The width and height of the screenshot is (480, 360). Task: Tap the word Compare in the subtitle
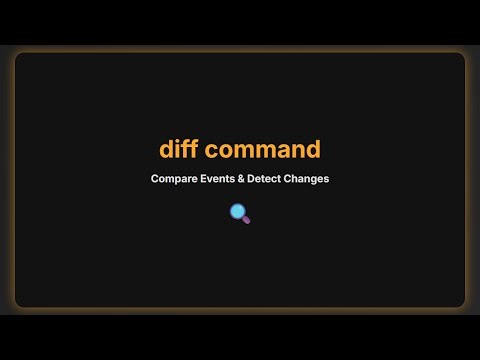(x=173, y=179)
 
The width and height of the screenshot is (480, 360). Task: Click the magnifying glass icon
(x=240, y=212)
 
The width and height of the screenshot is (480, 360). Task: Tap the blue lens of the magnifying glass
(x=238, y=210)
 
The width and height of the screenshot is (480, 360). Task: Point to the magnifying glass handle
(x=246, y=218)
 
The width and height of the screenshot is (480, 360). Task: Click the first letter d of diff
(x=167, y=150)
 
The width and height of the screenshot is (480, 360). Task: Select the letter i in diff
(x=179, y=149)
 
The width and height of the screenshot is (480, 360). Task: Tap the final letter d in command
(x=313, y=150)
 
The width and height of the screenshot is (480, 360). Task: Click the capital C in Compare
(x=155, y=179)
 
